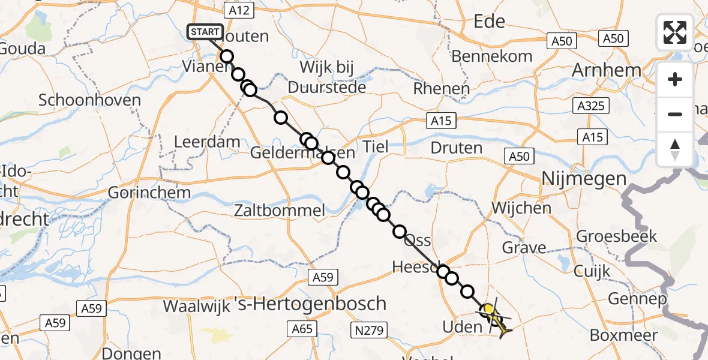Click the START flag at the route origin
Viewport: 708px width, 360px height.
point(206,31)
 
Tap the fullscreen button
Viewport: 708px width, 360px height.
point(675,32)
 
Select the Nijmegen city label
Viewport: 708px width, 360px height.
point(583,178)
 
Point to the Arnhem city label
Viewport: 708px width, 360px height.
point(607,70)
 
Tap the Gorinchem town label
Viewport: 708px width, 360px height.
point(149,193)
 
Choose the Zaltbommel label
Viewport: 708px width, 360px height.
point(280,211)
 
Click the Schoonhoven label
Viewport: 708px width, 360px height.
point(90,100)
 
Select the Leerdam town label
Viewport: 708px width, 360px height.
point(206,142)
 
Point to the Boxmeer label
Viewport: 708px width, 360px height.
point(623,335)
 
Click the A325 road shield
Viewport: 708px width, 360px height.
point(590,106)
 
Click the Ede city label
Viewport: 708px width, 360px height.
point(490,22)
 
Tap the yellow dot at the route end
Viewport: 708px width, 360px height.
point(489,310)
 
